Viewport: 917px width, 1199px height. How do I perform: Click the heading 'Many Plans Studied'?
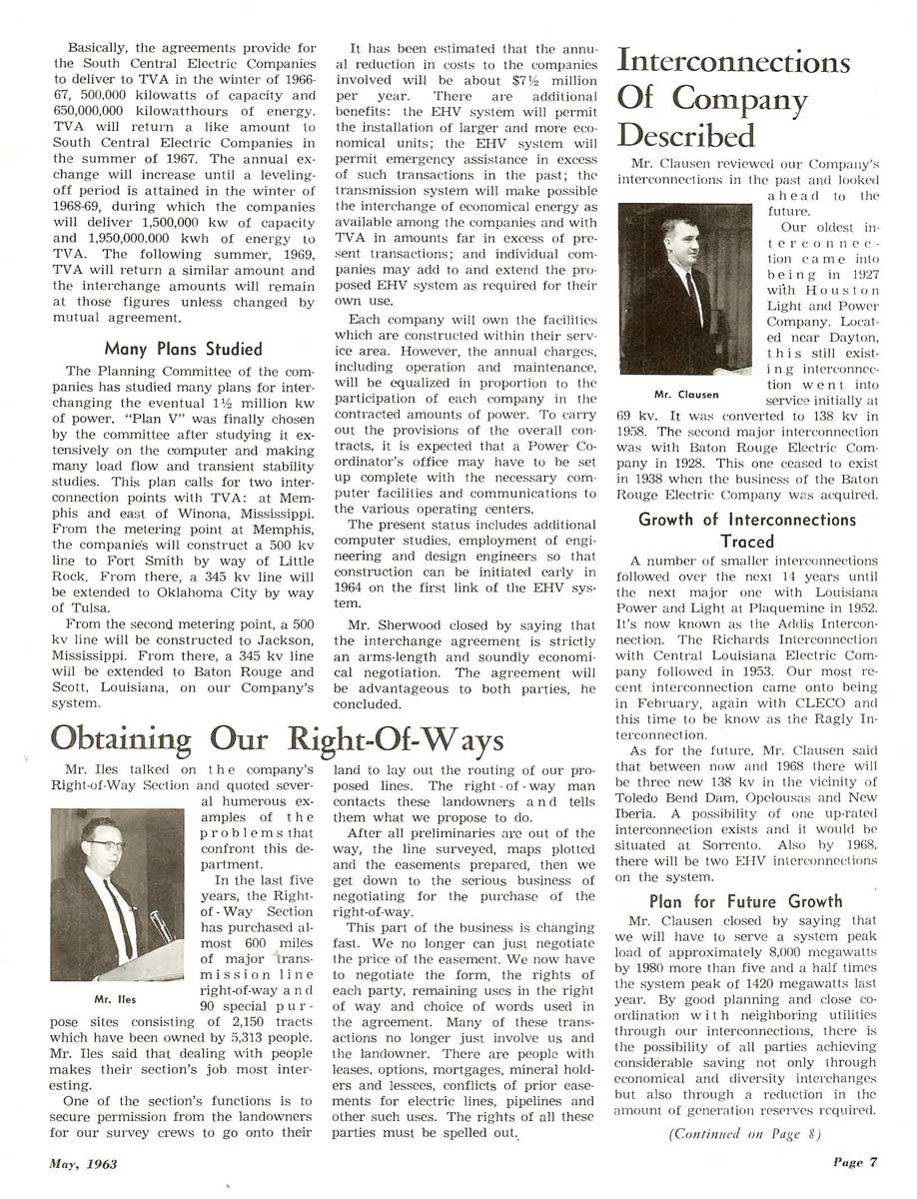pos(183,349)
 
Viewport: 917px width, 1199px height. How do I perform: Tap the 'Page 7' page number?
pos(856,1161)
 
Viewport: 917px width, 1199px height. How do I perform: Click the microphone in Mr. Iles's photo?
pos(159,924)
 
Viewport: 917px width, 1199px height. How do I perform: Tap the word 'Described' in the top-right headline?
pos(686,134)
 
